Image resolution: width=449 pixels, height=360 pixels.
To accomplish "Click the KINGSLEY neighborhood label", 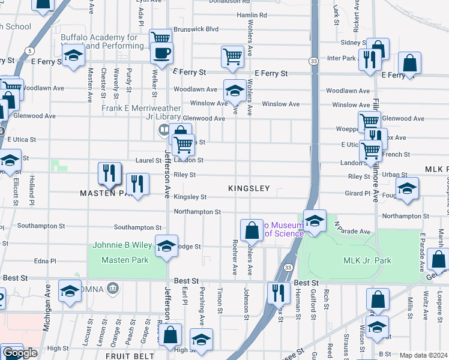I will click(x=249, y=188).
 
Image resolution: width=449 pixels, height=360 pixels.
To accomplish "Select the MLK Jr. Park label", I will click(x=367, y=261).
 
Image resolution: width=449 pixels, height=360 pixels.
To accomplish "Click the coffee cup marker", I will click(x=161, y=53).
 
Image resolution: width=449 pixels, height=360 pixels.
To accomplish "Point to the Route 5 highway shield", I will click(x=29, y=50).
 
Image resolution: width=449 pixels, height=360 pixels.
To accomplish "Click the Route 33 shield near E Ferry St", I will click(x=313, y=61).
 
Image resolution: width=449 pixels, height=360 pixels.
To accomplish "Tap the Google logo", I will click(x=19, y=353).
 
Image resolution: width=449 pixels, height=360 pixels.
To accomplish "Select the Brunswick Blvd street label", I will click(x=196, y=29).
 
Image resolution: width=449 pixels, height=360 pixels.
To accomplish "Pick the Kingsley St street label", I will click(x=190, y=197).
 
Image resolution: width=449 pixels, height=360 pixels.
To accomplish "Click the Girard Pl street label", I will click(x=358, y=193).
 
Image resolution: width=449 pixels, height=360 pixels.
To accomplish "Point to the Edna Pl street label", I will click(x=45, y=261).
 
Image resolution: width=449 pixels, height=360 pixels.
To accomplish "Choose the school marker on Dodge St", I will click(x=166, y=245).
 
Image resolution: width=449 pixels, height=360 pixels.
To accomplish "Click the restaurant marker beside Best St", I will click(x=277, y=293).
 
